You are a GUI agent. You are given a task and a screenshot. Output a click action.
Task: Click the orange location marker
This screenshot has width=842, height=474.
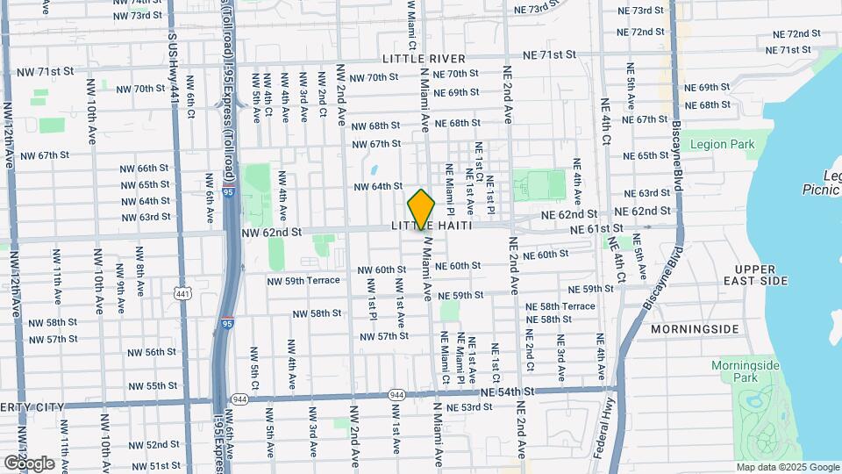click(421, 210)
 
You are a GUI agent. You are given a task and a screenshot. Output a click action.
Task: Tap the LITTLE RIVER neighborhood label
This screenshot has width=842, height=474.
click(417, 58)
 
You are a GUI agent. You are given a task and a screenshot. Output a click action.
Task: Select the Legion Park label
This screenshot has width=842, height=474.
click(722, 144)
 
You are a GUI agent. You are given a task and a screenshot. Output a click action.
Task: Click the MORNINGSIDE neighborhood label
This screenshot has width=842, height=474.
click(695, 329)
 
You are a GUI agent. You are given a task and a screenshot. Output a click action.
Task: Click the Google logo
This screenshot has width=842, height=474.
click(29, 463)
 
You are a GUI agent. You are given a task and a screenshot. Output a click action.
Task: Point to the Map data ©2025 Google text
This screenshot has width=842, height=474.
click(788, 467)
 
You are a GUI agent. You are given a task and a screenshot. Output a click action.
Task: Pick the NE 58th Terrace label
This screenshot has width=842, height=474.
click(560, 306)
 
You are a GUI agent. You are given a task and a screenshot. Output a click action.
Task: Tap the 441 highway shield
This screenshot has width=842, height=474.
click(182, 292)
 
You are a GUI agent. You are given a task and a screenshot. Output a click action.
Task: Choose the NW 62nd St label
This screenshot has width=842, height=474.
click(271, 233)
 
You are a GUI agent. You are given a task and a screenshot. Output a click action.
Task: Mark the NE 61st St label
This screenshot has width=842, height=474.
click(597, 229)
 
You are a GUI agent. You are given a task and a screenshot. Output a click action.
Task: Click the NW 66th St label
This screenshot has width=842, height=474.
click(140, 168)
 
